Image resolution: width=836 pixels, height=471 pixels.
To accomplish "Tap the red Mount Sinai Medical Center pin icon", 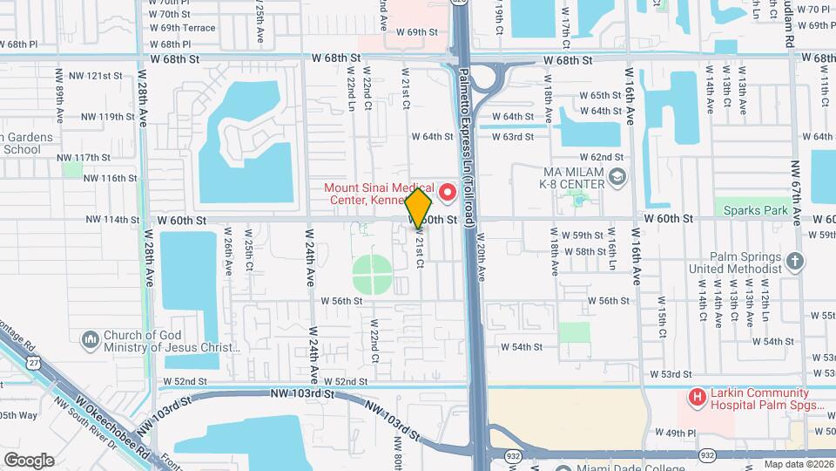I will [448, 191].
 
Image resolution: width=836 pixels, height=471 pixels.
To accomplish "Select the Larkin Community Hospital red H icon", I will [697, 398].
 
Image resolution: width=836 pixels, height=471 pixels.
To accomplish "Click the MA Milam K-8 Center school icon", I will [617, 179].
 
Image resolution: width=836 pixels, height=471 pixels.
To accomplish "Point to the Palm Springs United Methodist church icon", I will [794, 261].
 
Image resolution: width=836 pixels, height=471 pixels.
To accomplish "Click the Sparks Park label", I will [751, 210].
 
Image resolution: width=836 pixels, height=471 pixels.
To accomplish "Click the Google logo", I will [28, 460].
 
